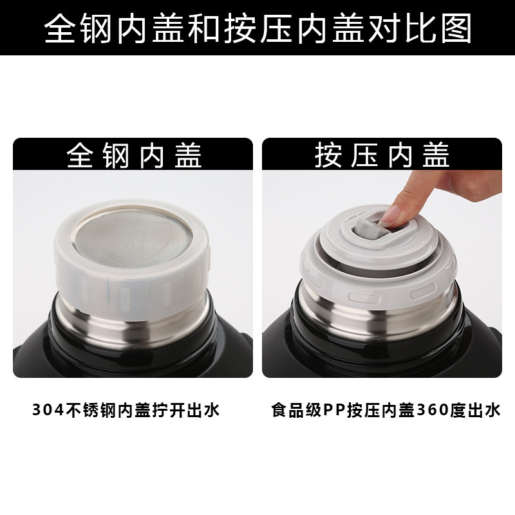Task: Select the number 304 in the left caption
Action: click(48, 410)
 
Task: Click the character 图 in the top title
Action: click(456, 28)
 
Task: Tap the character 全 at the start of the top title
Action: click(59, 28)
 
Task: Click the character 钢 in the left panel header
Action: click(115, 155)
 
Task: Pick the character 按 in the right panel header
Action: click(328, 155)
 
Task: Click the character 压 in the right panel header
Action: click(364, 155)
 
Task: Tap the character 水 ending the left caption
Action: click(212, 410)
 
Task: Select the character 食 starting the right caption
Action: click(279, 410)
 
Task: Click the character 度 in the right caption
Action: click(458, 410)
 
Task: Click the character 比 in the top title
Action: click(420, 28)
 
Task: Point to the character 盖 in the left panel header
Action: click(188, 155)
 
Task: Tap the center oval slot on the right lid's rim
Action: click(364, 298)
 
